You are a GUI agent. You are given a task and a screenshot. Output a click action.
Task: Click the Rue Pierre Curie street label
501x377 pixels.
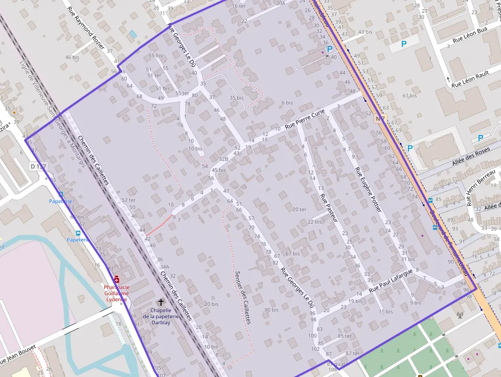305,120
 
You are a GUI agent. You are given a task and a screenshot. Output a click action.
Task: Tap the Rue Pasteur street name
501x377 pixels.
329,207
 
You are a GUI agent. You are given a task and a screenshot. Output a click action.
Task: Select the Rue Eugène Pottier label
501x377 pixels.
368,190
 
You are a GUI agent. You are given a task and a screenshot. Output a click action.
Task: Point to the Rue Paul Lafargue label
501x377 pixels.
391,281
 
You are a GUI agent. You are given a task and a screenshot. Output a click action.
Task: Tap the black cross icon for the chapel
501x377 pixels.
162,302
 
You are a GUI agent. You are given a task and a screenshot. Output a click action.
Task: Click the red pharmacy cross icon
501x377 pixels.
117,279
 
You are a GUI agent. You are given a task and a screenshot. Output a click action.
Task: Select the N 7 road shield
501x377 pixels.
379,119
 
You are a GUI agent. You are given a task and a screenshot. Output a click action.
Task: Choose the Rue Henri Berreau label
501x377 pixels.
483,188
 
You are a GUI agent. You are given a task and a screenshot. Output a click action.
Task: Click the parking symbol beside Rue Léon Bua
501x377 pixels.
403,45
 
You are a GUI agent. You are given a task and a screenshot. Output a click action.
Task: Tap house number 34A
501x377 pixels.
164,267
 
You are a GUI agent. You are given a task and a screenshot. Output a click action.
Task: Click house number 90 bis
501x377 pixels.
271,309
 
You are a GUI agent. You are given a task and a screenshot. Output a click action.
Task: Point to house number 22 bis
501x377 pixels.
314,221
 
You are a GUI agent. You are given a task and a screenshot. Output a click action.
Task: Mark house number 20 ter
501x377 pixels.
299,209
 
